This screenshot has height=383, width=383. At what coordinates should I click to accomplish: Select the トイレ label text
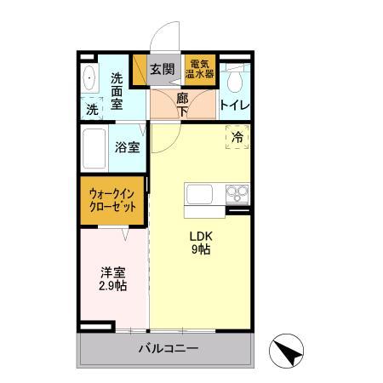pyautogui.click(x=234, y=105)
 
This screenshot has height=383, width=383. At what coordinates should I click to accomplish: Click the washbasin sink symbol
pyautogui.click(x=90, y=79)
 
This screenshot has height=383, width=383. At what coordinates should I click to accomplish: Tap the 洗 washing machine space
pyautogui.click(x=91, y=108)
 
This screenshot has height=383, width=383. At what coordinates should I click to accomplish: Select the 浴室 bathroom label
pyautogui.click(x=128, y=146)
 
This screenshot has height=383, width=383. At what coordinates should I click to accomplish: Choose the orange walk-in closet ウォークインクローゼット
pyautogui.click(x=113, y=199)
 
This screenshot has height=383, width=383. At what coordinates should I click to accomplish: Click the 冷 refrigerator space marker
pyautogui.click(x=237, y=136)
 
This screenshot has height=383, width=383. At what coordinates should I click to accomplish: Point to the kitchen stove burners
pyautogui.click(x=237, y=193)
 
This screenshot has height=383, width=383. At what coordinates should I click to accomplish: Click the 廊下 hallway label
pyautogui.click(x=182, y=103)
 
